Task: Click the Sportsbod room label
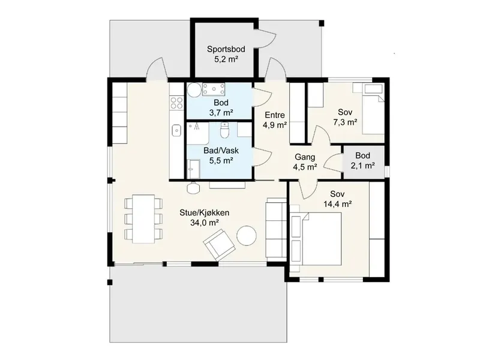click(x=226, y=49)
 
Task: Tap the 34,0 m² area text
click(x=205, y=223)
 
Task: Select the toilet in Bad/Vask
click(x=224, y=130)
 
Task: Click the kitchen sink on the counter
click(x=176, y=130)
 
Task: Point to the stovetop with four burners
click(x=176, y=103)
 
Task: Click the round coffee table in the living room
click(x=247, y=235)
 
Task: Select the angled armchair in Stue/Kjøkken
click(x=219, y=245)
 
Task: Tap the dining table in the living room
click(x=143, y=219)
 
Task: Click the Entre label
click(x=275, y=115)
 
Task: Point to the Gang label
click(x=305, y=157)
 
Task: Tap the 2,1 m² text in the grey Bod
click(x=363, y=166)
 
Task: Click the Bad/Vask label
click(x=221, y=151)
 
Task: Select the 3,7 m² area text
click(x=221, y=113)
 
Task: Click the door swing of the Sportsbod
click(x=267, y=38)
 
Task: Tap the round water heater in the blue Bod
click(x=194, y=89)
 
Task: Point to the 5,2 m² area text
click(x=226, y=59)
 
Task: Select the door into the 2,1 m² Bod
click(x=332, y=162)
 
